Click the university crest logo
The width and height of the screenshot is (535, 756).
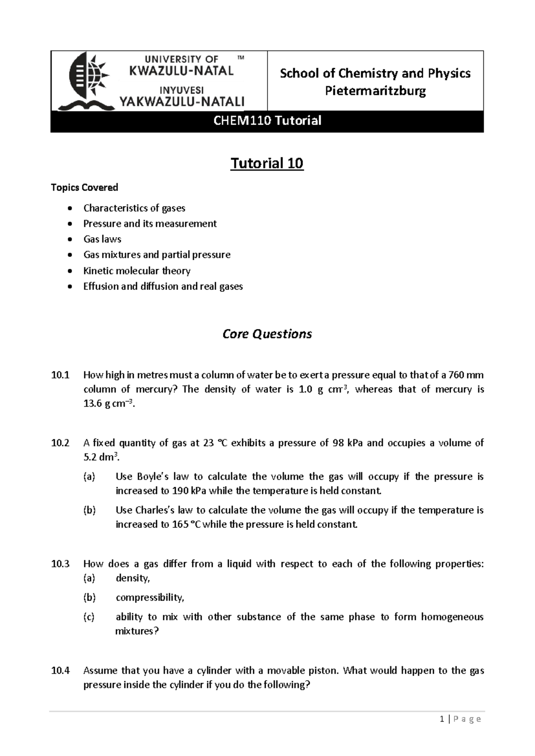(87, 80)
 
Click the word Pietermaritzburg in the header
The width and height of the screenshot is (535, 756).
(375, 91)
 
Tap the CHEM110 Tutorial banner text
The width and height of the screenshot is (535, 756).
(267, 121)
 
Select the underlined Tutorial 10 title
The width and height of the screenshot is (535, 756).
(267, 164)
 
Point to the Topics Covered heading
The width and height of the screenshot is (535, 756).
(84, 187)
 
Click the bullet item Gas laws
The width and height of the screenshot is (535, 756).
(102, 239)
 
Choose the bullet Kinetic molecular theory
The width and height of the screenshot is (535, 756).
(136, 271)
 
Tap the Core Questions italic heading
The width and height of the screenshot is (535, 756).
(267, 334)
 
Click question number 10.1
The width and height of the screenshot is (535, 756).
(60, 375)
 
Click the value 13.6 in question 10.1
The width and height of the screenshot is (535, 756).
(93, 404)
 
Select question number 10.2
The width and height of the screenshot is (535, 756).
(60, 443)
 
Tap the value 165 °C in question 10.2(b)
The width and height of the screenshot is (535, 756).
(187, 525)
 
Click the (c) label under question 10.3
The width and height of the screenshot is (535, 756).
(89, 617)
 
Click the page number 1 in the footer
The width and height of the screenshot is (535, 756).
(441, 719)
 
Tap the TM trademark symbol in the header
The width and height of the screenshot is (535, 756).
(241, 58)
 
